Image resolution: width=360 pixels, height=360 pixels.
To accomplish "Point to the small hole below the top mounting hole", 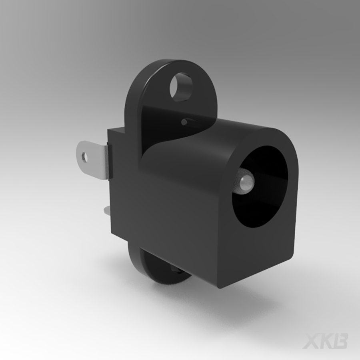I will tap(184, 120).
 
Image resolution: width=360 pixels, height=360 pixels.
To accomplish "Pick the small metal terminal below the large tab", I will tap(106, 211).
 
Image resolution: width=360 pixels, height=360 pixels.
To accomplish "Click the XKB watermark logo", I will tap(325, 341).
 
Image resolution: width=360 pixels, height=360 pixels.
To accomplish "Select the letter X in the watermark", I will tap(311, 341).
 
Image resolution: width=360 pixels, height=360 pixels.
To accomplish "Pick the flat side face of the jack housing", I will tap(180, 212).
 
